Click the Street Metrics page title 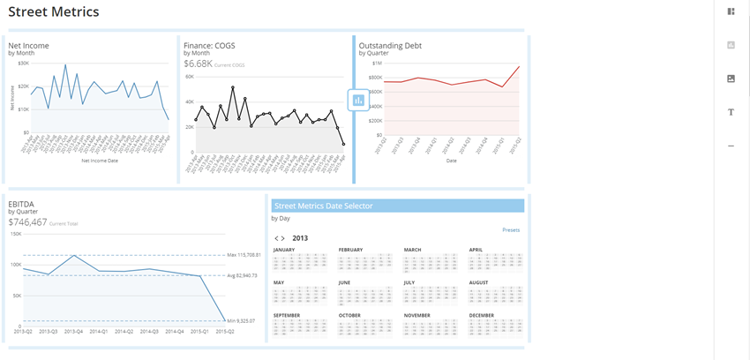[54, 12]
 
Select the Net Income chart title [28, 45]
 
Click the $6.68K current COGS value [198, 64]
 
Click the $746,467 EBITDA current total [27, 222]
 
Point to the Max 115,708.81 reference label [243, 256]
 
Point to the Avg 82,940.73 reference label [242, 275]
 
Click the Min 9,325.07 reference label [240, 320]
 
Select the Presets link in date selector [511, 230]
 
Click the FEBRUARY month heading [350, 250]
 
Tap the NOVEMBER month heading [417, 315]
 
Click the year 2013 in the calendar [300, 238]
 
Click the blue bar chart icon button [358, 100]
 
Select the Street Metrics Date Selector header [323, 206]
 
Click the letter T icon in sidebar [731, 112]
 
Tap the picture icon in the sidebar [731, 79]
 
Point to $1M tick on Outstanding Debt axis [377, 64]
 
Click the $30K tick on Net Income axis [23, 64]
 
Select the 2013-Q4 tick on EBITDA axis [74, 332]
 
